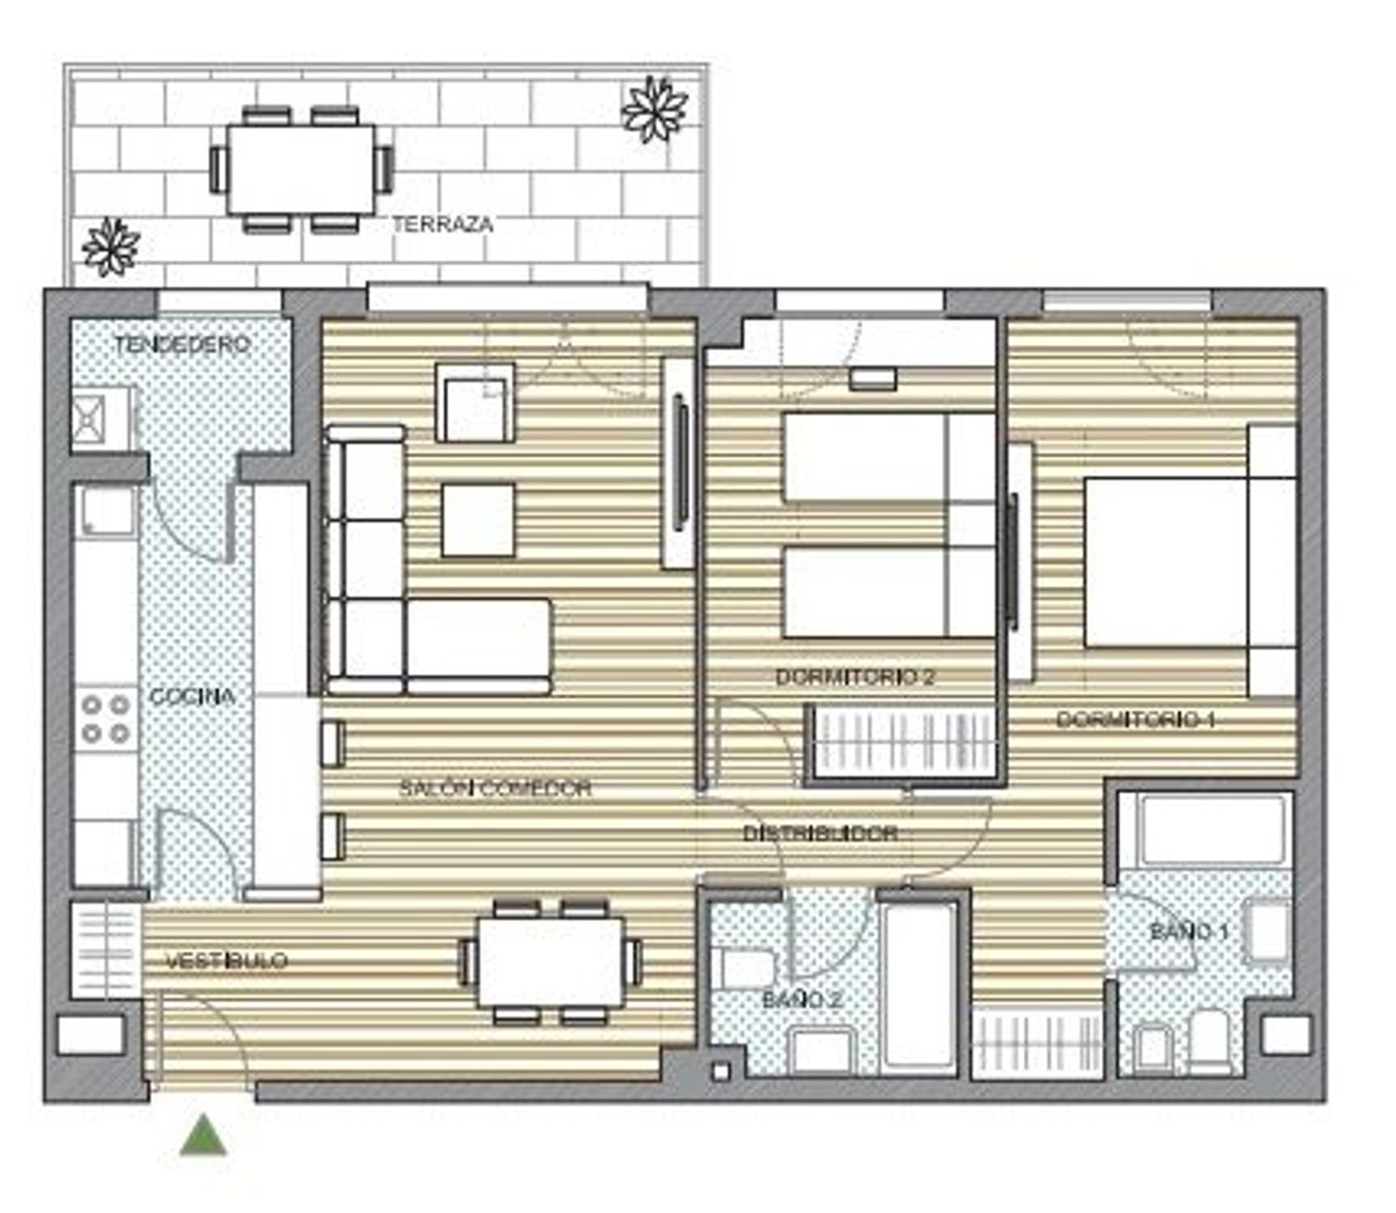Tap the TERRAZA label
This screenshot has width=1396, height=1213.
coord(443,224)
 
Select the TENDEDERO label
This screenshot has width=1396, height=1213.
coord(182,344)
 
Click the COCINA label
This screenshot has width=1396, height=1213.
coord(192,696)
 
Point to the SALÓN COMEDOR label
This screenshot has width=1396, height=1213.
coord(495,789)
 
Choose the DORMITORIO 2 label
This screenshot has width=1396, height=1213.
coord(855,676)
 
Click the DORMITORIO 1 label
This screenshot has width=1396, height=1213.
coord(1135,719)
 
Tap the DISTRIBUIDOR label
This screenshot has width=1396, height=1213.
coord(819,833)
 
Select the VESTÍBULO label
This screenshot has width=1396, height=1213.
coord(227,961)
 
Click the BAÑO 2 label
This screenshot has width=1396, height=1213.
coord(801,1000)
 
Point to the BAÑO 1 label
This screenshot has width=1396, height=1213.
coord(1189,931)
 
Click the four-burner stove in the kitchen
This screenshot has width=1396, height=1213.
coord(106,719)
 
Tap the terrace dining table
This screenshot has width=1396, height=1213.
coord(301,170)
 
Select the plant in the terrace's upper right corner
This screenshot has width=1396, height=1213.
coord(654,109)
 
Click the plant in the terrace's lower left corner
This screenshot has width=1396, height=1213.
coord(111,247)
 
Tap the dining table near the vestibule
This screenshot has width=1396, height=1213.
coord(551,962)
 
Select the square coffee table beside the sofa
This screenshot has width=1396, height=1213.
coord(477,520)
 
